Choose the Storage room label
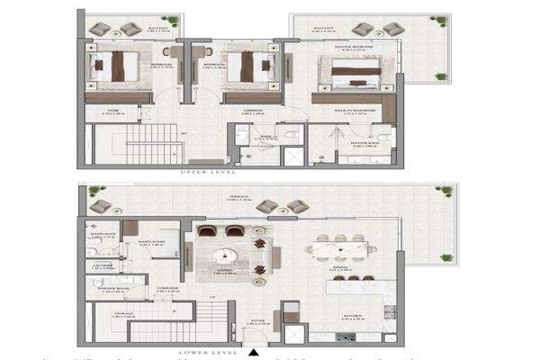click(x=124, y=315)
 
